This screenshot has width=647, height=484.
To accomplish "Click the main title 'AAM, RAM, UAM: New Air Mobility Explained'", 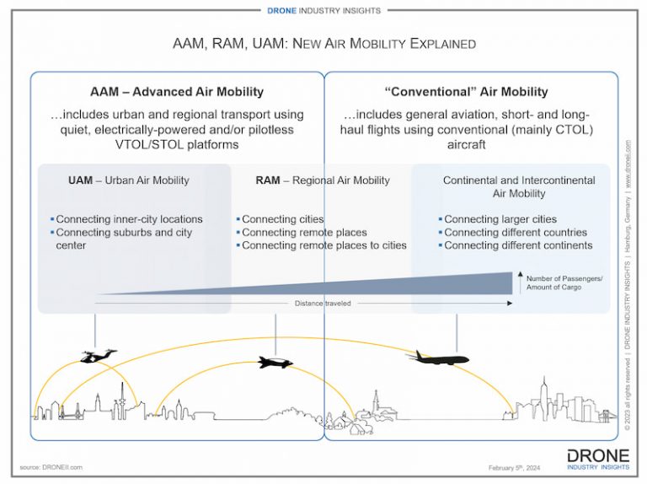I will [x=323, y=43].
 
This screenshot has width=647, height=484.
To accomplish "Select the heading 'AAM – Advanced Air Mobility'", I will [x=177, y=92].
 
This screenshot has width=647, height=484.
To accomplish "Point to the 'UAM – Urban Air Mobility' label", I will [x=129, y=180].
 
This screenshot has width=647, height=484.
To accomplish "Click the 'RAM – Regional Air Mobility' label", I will [x=323, y=180].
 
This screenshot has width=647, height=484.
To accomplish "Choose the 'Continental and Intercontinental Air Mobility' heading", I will [x=519, y=186].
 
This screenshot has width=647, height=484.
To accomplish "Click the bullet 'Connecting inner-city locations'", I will [x=129, y=219].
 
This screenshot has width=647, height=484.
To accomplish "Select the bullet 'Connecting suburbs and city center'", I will [x=123, y=239].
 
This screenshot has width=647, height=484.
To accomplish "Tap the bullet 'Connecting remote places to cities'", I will [x=323, y=245].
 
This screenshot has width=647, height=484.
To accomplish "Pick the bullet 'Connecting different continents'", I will [x=517, y=245].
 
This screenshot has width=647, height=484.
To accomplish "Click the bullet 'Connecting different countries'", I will [x=515, y=233].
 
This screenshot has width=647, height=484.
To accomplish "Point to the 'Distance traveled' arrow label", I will [x=323, y=303].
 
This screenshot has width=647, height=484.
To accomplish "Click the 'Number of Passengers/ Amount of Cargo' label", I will [x=565, y=282].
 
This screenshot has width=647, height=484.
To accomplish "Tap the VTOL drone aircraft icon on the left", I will [x=99, y=356].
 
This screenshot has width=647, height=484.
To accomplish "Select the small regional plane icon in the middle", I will [x=275, y=363].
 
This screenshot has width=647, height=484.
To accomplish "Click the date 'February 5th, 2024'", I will [x=515, y=468].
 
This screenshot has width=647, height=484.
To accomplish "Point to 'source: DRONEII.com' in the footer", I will [x=51, y=467].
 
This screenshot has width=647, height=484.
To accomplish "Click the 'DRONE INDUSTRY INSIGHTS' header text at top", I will [x=323, y=9].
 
